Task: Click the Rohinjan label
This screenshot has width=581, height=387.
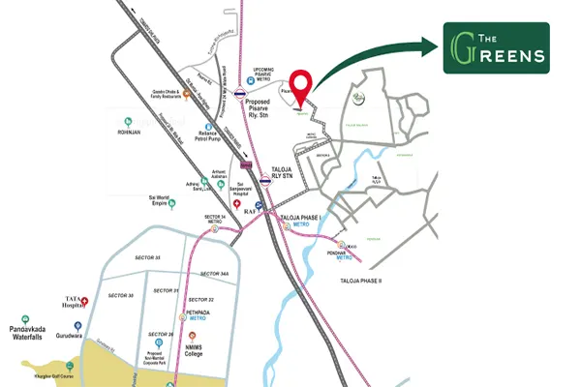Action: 129,132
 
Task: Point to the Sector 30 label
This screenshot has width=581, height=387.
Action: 121,295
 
